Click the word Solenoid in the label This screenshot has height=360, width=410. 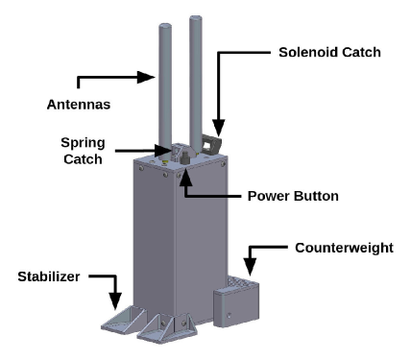coord(304,53)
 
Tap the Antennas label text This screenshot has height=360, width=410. coord(79,105)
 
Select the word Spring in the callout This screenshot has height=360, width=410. coord(83,143)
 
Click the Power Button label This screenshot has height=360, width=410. coord(293,196)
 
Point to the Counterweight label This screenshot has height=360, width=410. coord(344,248)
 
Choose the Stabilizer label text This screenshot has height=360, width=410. coord(49,276)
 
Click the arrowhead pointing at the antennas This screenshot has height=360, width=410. coord(146,77)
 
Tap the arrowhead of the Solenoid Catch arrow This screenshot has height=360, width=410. coord(219,128)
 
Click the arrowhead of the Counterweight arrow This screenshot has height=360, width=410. coord(250,267)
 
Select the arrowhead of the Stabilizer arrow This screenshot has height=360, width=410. coord(115,301)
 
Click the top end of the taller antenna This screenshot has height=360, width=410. coord(196,18)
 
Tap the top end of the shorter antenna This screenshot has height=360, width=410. coord(165,26)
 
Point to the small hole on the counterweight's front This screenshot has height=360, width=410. coord(229,316)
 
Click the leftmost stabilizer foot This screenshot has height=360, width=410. coord(124,319)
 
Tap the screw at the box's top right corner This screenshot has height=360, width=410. coord(223,164)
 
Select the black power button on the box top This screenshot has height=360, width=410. coord(185,157)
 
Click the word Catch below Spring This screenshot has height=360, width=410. coord(83,159)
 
